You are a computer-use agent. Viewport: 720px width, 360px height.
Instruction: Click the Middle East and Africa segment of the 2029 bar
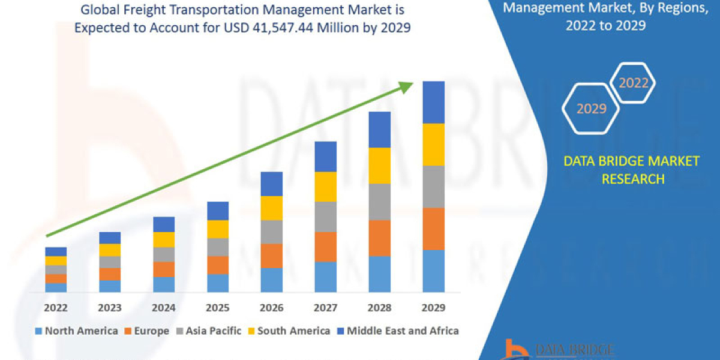pyautogui.click(x=434, y=102)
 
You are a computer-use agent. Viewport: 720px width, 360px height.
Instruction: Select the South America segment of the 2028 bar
pyautogui.click(x=379, y=166)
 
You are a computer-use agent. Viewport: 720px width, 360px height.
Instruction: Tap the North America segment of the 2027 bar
pyautogui.click(x=325, y=277)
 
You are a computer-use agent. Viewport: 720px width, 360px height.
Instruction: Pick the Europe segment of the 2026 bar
pyautogui.click(x=271, y=256)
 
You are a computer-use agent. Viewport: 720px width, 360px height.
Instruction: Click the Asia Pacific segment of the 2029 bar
pyautogui.click(x=434, y=187)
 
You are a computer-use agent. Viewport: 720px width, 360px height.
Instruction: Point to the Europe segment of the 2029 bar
pyautogui.click(x=434, y=229)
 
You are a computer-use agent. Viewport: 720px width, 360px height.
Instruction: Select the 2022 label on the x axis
pyautogui.click(x=56, y=308)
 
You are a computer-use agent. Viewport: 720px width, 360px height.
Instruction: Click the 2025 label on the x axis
pyautogui.click(x=218, y=308)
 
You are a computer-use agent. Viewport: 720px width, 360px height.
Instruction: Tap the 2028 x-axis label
pyautogui.click(x=379, y=308)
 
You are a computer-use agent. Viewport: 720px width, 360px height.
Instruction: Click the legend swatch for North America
pyautogui.click(x=38, y=331)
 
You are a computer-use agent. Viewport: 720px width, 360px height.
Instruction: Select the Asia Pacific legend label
pyautogui.click(x=214, y=331)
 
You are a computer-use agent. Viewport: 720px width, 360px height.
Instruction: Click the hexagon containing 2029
pyautogui.click(x=591, y=109)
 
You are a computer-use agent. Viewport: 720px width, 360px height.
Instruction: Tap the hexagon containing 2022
pyautogui.click(x=633, y=83)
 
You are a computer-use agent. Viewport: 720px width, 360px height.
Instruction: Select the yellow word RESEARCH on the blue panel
pyautogui.click(x=632, y=178)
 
